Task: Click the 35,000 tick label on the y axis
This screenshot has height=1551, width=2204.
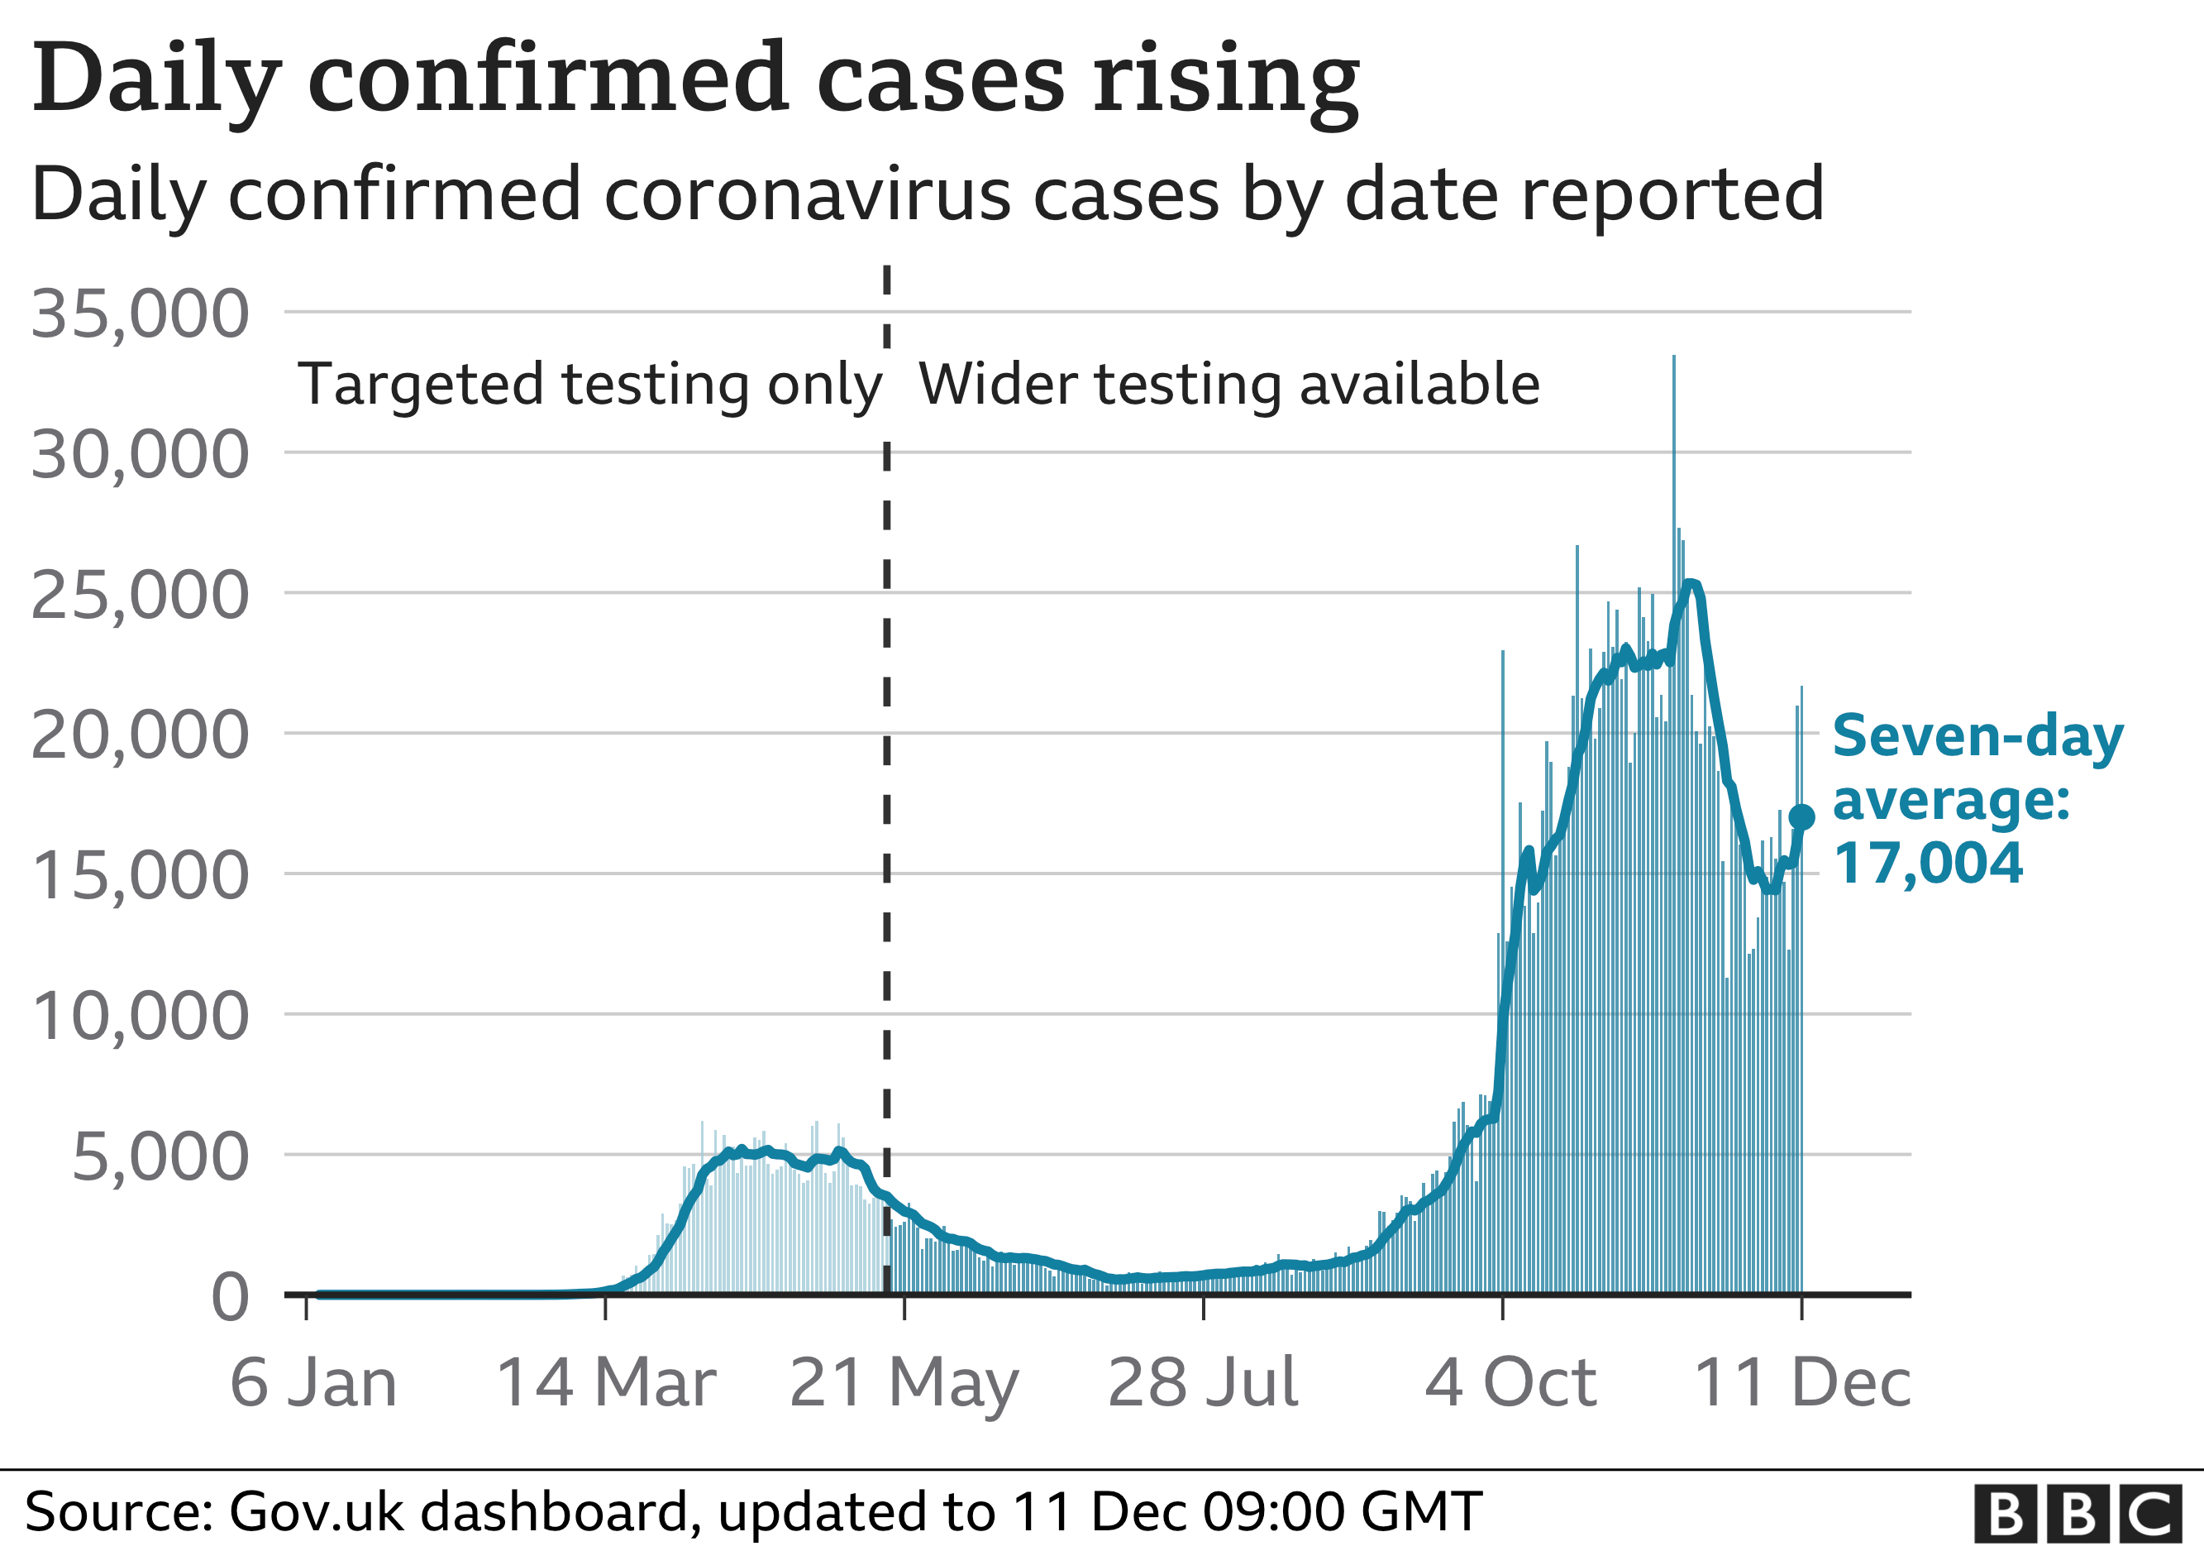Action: point(141,314)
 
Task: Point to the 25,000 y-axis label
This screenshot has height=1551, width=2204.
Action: point(141,596)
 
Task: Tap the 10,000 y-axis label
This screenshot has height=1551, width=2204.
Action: point(141,1016)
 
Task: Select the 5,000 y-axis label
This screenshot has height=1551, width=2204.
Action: point(160,1157)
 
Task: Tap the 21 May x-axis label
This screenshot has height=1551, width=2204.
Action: point(904,1385)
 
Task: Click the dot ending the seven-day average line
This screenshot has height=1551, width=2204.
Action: point(1801,817)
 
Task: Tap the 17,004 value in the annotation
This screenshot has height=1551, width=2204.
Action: point(1928,864)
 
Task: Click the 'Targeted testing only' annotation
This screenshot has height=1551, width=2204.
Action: point(589,385)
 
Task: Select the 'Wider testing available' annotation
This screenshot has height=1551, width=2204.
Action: point(1228,385)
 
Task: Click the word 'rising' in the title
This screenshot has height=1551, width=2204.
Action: point(1226,82)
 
